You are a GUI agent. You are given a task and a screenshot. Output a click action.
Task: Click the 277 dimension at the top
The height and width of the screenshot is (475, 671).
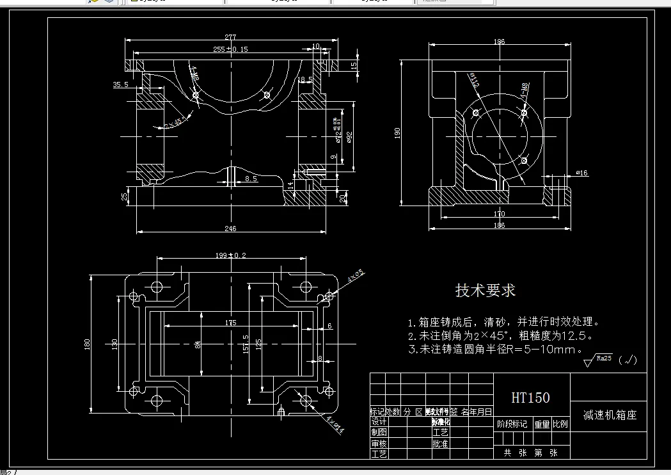[x=230, y=37]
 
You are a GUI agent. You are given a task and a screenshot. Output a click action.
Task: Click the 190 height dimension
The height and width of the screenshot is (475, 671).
[x=398, y=133]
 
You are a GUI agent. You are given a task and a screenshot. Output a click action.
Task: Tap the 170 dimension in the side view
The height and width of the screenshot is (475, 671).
[x=499, y=214]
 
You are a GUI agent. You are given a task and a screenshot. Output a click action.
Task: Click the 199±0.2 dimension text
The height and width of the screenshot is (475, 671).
[x=231, y=255]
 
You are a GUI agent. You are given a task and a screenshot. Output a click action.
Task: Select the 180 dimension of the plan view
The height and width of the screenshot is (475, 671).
[x=87, y=344]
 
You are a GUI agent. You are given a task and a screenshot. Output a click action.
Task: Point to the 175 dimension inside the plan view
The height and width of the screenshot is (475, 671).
[x=230, y=323]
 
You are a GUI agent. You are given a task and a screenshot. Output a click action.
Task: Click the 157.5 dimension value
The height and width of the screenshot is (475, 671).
[x=245, y=344]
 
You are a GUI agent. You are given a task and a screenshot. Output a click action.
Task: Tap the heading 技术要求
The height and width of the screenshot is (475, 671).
[x=485, y=291]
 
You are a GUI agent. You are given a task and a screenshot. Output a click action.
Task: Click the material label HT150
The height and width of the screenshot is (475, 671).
[x=530, y=398]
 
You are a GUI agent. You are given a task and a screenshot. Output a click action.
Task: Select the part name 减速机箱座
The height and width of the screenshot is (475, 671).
[x=610, y=415]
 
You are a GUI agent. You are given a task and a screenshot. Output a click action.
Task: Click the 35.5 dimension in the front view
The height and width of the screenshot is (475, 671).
[x=120, y=84]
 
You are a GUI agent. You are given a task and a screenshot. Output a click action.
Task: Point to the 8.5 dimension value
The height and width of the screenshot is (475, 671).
[x=251, y=179]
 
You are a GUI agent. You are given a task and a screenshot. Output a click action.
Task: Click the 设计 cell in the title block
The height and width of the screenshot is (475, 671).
[x=379, y=422]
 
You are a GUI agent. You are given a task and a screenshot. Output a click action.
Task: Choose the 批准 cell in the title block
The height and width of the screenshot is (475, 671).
[x=440, y=443]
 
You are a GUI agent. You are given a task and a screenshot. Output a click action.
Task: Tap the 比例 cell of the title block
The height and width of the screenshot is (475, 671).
[x=560, y=424]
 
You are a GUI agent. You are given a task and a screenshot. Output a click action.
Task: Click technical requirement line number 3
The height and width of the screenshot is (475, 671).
[x=495, y=350]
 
